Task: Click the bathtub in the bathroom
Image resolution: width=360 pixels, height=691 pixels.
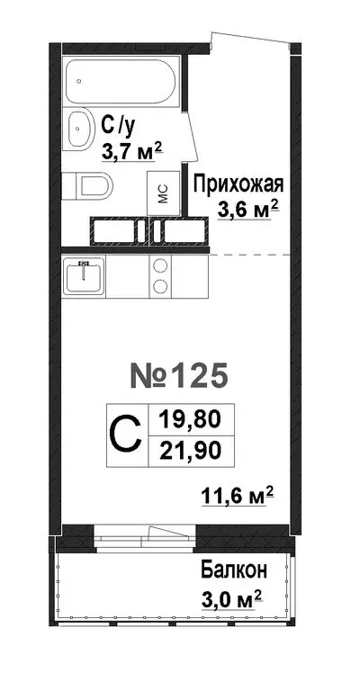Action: point(124,80)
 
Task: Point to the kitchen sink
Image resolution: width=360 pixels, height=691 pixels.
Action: point(85,274)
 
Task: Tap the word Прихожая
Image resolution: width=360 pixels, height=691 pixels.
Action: point(240,186)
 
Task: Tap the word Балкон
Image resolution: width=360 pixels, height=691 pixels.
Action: point(233,570)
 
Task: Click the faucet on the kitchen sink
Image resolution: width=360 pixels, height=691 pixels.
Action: point(85,266)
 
